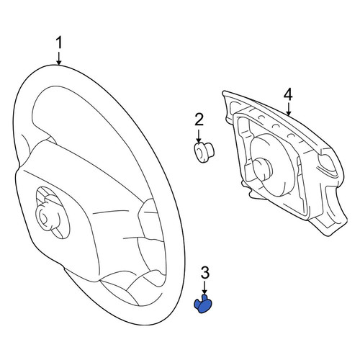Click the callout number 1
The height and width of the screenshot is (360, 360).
pyautogui.click(x=59, y=42)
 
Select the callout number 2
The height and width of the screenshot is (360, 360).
pyautogui.click(x=199, y=120)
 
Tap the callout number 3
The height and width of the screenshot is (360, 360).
pyautogui.click(x=204, y=273)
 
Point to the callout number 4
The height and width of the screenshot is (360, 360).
pyautogui.click(x=288, y=94)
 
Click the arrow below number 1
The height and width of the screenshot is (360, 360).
pyautogui.click(x=59, y=58)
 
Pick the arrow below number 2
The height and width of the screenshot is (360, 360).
pyautogui.click(x=199, y=136)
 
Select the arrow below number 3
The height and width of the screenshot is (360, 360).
pyautogui.click(x=204, y=288)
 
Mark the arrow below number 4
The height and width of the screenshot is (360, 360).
pyautogui.click(x=288, y=109)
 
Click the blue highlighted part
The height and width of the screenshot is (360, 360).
pyautogui.click(x=203, y=305)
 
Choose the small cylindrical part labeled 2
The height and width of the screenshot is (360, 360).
pyautogui.click(x=204, y=153)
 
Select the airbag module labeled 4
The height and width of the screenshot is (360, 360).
pyautogui.click(x=284, y=163)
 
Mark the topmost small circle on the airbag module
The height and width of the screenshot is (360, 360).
pyautogui.click(x=262, y=117)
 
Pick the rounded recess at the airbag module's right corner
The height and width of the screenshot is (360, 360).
pyautogui.click(x=327, y=163)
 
